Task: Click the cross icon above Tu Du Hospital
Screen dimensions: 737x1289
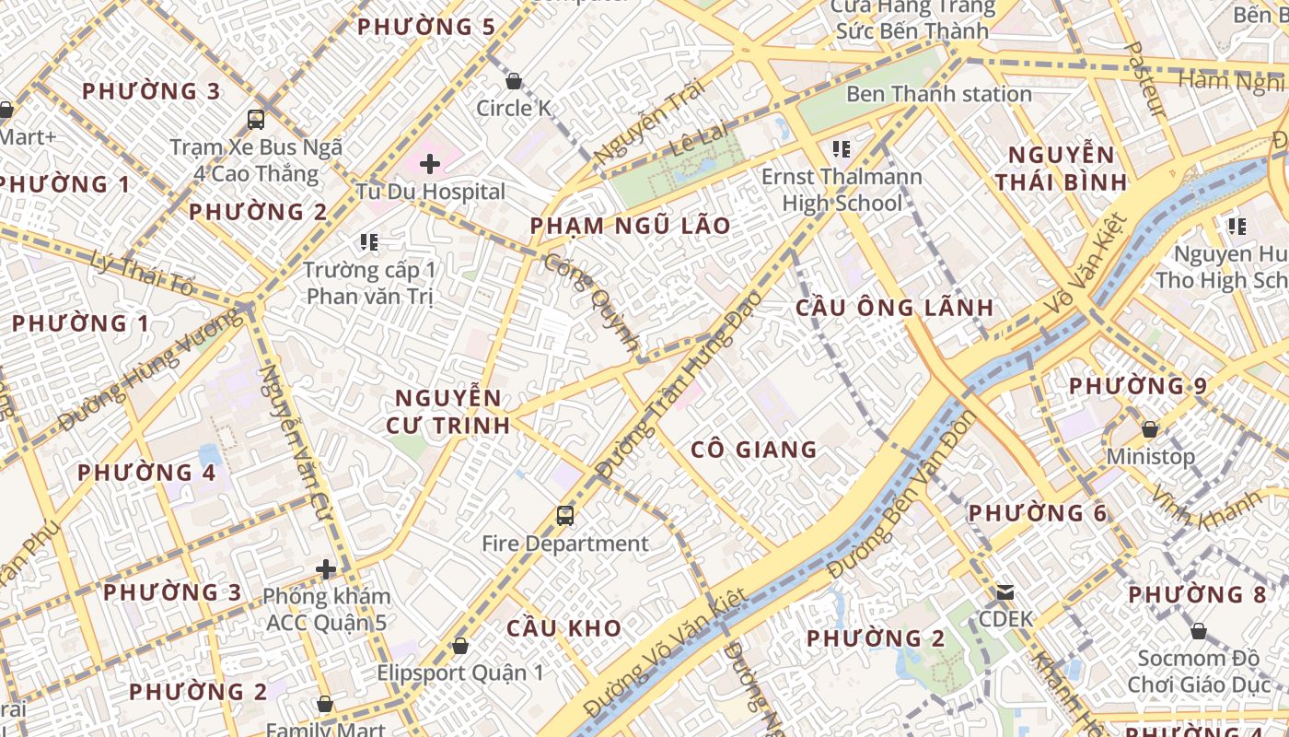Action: point(429,165)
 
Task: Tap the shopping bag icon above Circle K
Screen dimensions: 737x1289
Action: point(514,81)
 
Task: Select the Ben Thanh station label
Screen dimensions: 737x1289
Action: point(938,94)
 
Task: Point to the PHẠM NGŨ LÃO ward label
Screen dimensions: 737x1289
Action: point(630,226)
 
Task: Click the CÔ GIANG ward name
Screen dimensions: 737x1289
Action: point(754,450)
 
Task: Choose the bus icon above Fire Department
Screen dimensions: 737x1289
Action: point(565,516)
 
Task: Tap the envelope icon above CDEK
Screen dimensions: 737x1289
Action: point(1005,591)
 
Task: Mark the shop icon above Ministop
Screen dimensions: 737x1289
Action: point(1149,429)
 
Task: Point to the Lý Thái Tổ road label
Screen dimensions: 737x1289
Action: point(143,274)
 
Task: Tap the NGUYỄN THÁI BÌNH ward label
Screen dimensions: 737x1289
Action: point(1061,168)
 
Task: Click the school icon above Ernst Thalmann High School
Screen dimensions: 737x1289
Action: point(841,148)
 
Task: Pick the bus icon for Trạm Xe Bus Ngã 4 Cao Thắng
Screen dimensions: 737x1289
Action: point(256,119)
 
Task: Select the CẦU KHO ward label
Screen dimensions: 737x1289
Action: point(563,628)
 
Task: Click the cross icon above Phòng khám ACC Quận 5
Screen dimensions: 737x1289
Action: point(326,569)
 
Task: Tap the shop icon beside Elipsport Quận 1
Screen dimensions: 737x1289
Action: point(459,647)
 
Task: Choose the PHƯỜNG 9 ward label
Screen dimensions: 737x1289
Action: point(1137,386)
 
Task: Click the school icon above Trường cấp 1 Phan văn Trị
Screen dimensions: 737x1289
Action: point(369,242)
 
